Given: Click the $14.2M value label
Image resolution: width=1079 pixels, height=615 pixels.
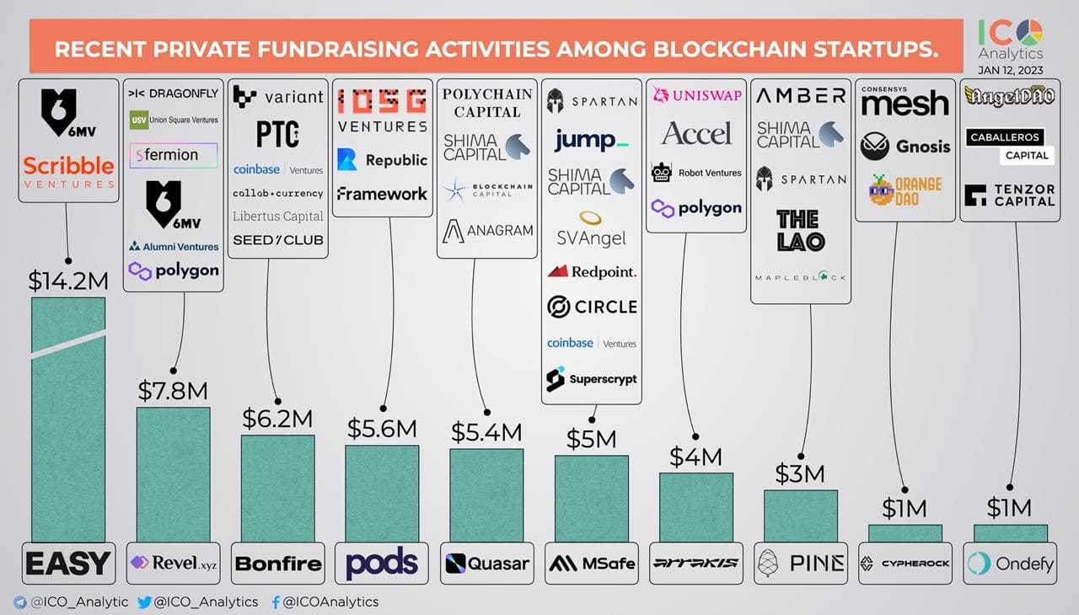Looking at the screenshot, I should point(68,280).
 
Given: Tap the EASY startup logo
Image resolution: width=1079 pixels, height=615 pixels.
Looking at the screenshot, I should point(68,563).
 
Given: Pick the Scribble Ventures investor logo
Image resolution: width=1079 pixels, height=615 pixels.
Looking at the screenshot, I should point(68,171).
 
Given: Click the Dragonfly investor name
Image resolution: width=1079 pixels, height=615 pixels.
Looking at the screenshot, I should point(173,94).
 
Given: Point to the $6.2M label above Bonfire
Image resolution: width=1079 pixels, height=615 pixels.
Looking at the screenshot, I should point(277,418).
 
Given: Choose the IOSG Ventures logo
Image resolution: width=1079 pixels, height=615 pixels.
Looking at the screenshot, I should point(382,111).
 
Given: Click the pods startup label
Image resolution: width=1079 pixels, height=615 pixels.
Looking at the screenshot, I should point(382,563).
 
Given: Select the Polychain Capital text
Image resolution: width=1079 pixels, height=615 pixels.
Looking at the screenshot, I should point(486,103).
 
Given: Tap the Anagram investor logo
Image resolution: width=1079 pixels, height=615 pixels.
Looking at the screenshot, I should point(488,230).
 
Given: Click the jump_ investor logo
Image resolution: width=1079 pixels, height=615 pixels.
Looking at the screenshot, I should point(591,141).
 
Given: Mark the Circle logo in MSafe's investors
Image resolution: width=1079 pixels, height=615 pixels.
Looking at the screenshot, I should point(591,307).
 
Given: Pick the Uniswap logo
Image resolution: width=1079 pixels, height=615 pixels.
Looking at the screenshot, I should point(695,95).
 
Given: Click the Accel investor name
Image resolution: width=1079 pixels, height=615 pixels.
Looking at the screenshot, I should point(695,133).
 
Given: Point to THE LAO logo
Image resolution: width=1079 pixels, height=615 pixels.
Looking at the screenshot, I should point(800,230).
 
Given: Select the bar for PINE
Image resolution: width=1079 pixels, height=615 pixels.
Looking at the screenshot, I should point(800,516).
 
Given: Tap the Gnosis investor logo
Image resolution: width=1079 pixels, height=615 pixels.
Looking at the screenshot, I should point(905,147).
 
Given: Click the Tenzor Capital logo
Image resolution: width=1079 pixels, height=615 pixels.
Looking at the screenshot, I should point(1009,195).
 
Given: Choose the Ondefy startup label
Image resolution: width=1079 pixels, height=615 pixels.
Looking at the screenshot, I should point(1009,563).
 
